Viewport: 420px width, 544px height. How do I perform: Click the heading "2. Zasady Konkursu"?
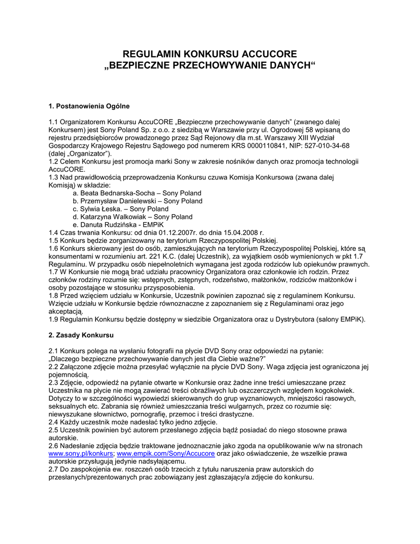click(x=81, y=335)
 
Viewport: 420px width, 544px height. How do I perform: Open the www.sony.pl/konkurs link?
click(x=80, y=454)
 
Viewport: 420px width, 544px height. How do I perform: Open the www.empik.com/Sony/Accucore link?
click(x=166, y=454)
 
